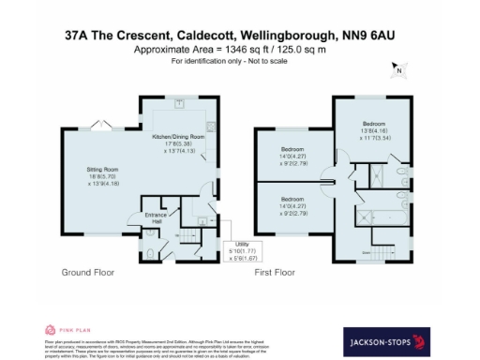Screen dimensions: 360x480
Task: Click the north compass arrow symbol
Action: (x=397, y=68)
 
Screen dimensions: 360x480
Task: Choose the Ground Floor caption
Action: (x=88, y=273)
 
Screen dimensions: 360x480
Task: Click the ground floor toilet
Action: (x=152, y=252)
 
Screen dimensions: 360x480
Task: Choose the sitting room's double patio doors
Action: (x=102, y=125)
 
